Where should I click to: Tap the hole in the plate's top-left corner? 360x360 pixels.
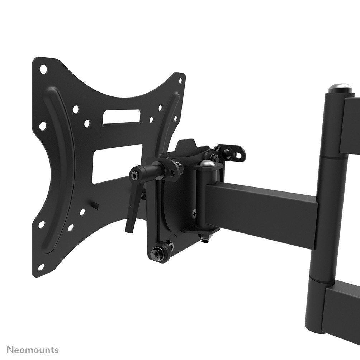click(x=43, y=68)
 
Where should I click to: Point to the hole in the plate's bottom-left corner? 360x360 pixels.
click(x=41, y=267)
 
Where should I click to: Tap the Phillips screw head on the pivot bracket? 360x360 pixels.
click(x=194, y=215)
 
